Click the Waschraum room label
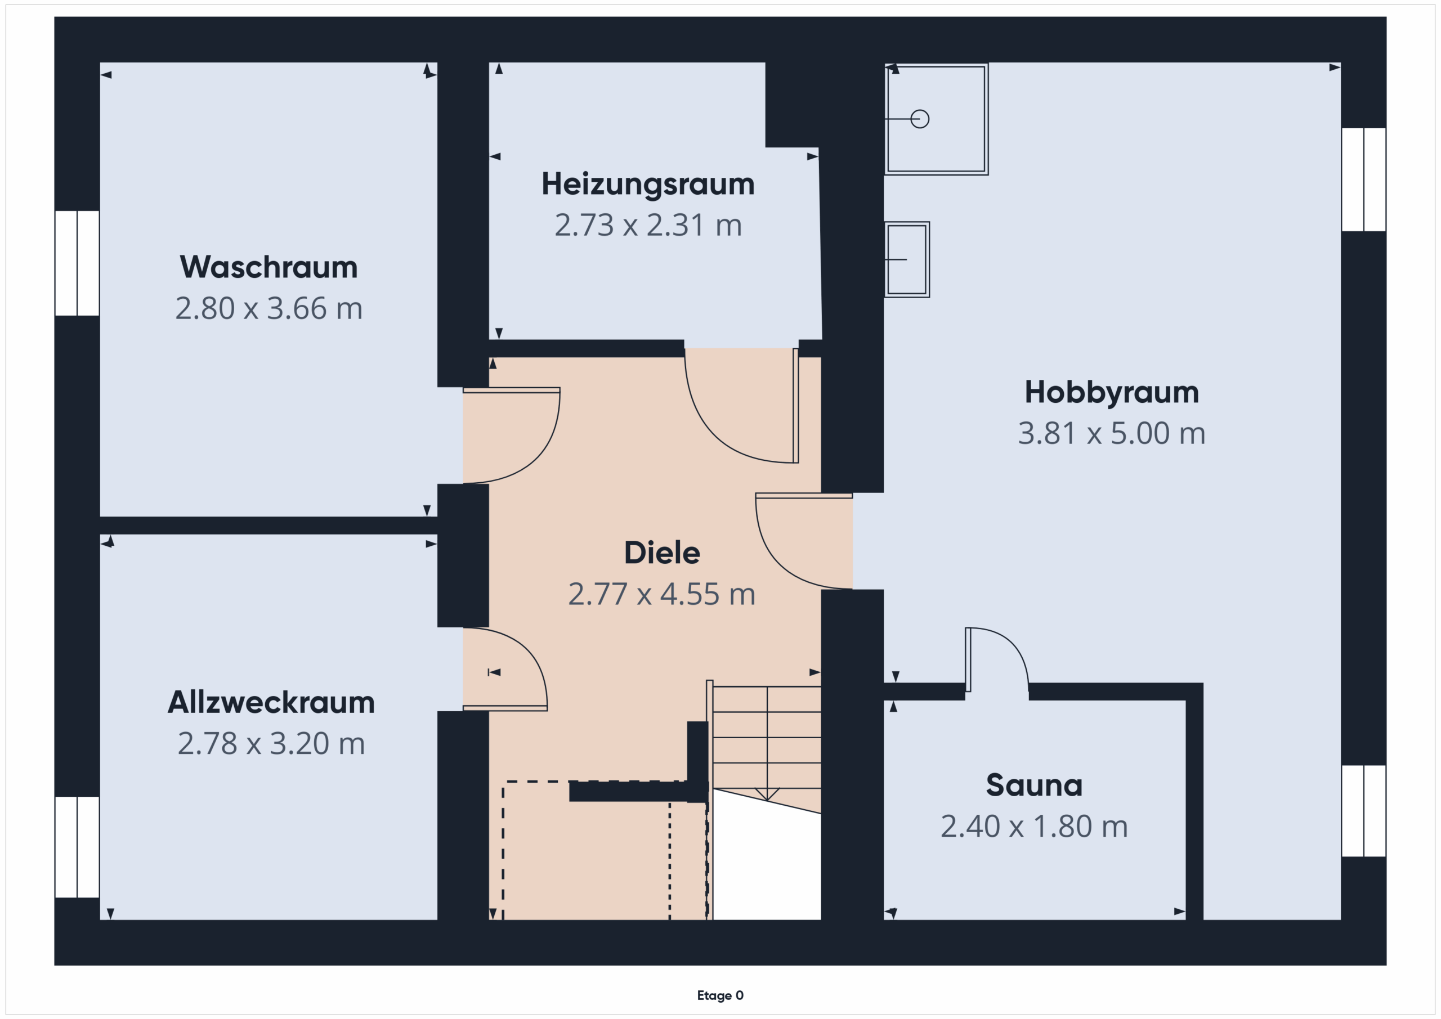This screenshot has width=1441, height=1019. [x=268, y=267]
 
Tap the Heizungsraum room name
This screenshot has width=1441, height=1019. [x=648, y=185]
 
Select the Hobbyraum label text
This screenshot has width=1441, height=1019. [x=1112, y=393]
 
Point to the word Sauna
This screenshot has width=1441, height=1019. [x=1034, y=785]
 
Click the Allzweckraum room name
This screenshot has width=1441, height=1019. [x=271, y=702]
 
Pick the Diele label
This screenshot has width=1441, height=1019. [x=661, y=553]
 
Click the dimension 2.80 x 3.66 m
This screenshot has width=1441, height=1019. [x=268, y=308]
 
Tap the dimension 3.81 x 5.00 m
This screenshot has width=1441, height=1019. [x=1112, y=433]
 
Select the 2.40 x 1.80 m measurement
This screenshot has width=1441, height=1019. [x=1034, y=827]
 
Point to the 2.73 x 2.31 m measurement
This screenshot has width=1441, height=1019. [x=648, y=225]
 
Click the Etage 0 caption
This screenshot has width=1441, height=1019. [x=720, y=995]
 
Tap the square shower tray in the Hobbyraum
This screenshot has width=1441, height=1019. [x=937, y=119]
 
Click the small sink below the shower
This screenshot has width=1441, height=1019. [x=907, y=259]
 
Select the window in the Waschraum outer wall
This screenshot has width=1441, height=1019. [x=77, y=263]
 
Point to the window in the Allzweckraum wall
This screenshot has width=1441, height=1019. [x=77, y=847]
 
